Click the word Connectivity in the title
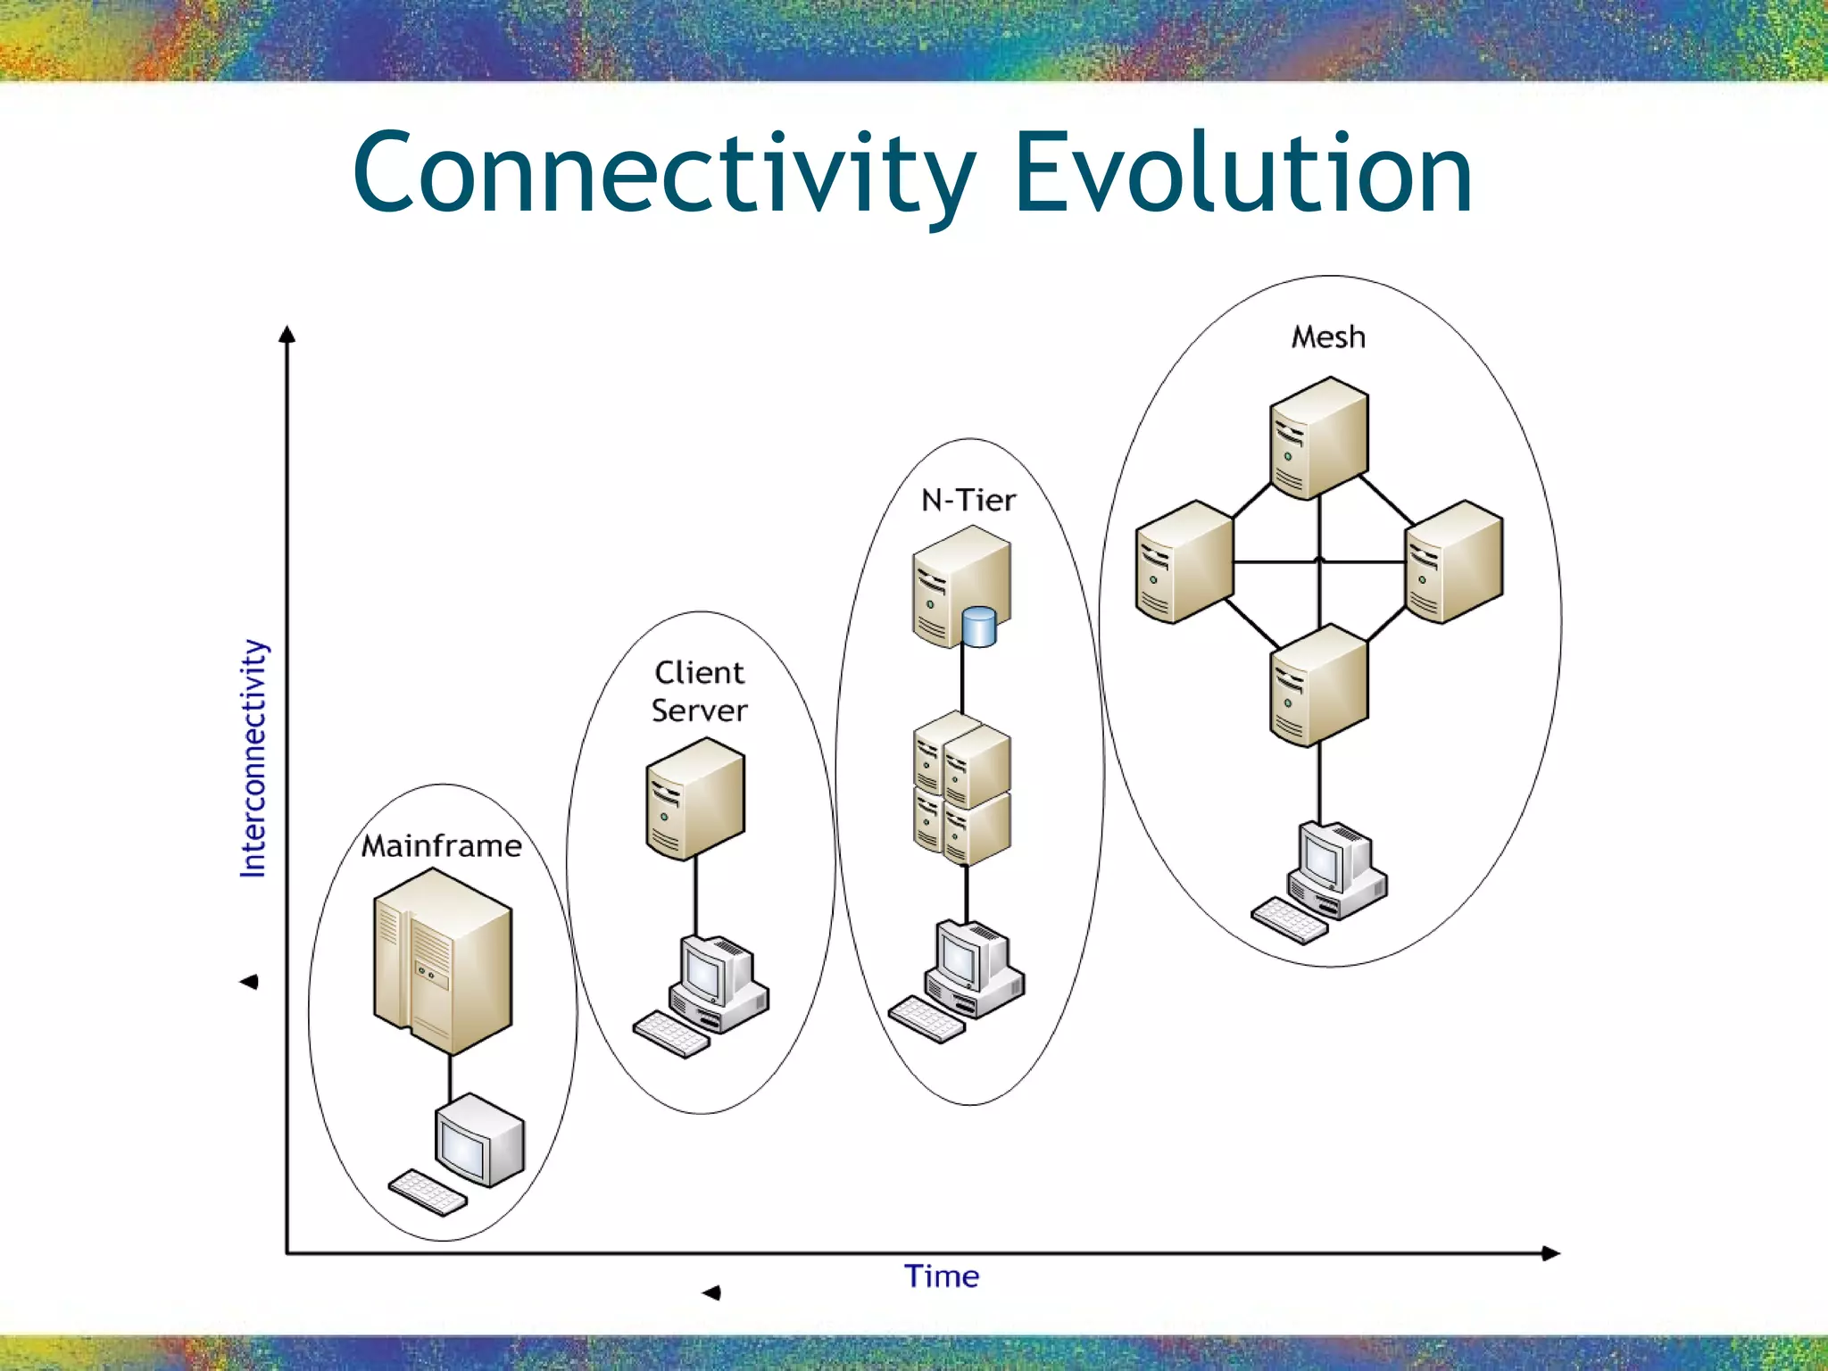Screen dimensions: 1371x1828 tap(664, 174)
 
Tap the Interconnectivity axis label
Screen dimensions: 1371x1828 tap(253, 759)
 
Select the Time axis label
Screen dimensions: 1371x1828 tap(942, 1276)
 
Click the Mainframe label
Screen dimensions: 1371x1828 tap(442, 845)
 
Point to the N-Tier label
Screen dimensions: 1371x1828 tap(968, 500)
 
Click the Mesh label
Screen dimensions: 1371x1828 tap(1328, 337)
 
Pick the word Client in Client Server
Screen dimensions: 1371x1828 tap(699, 672)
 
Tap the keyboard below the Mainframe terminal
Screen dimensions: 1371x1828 tap(428, 1192)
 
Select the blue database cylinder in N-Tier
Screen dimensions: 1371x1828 tap(979, 627)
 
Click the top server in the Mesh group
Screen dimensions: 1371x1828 tap(1319, 437)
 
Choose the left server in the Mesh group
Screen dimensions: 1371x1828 tap(1184, 561)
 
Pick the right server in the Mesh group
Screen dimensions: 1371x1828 tap(1454, 561)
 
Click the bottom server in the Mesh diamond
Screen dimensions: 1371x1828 tap(1319, 685)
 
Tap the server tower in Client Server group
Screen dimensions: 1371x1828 tap(694, 799)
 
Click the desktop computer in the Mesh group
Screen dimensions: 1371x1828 tap(1336, 870)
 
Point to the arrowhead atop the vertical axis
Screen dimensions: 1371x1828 tap(287, 334)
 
